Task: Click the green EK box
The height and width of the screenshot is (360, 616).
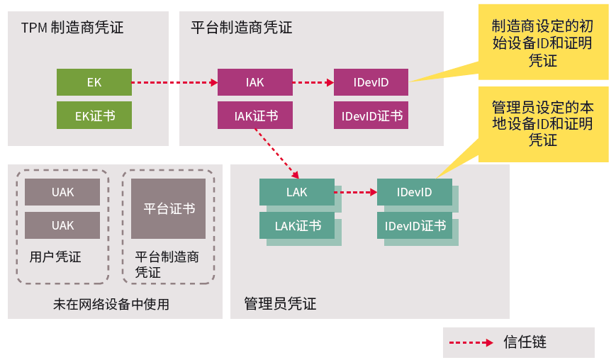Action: [x=94, y=82]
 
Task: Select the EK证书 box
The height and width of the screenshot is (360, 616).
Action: [x=94, y=116]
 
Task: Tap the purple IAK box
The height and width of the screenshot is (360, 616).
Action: [x=254, y=82]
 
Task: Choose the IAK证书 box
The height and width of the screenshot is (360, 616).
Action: [x=254, y=116]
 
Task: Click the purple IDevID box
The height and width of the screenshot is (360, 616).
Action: [x=371, y=82]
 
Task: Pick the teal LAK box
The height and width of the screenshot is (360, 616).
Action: [x=296, y=192]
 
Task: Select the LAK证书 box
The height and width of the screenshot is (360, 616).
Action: [x=298, y=226]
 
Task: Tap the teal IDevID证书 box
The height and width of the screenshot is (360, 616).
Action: [x=415, y=226]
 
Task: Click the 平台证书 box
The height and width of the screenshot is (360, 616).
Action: [x=169, y=208]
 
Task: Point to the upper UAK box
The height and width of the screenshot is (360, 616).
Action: [x=62, y=192]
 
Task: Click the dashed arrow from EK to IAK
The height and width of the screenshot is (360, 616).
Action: [x=174, y=83]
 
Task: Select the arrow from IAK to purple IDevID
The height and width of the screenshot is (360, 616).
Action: [x=313, y=83]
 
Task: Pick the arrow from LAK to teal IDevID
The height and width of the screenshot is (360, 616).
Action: [x=355, y=192]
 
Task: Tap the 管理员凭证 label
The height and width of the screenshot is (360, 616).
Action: [x=280, y=304]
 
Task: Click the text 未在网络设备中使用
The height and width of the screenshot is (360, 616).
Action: [x=111, y=305]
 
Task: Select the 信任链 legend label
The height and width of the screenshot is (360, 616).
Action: [x=525, y=342]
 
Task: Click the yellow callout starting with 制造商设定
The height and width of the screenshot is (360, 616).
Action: [x=542, y=43]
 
